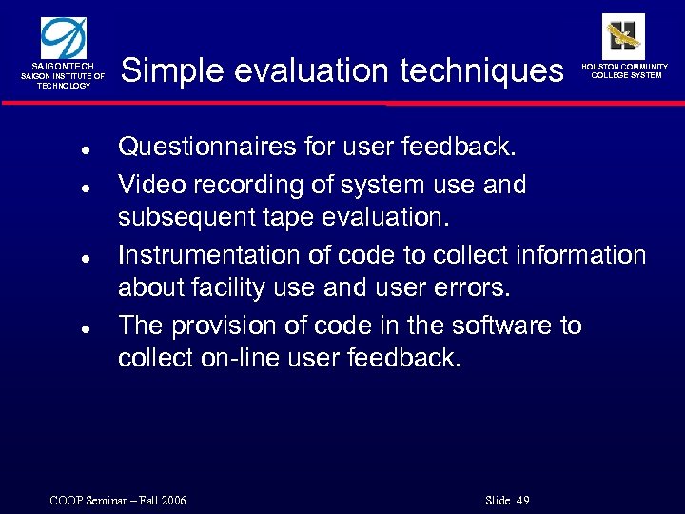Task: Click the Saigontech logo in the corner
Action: point(63,39)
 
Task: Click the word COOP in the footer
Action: point(62,501)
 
